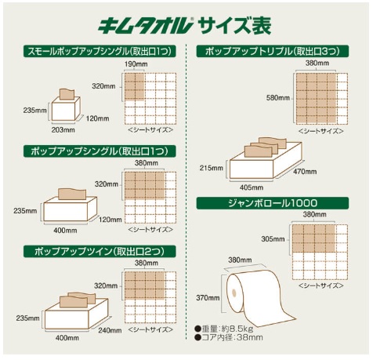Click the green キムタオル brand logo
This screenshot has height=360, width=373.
146,26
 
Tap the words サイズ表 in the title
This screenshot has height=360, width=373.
234,26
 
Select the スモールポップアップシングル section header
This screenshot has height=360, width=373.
100,51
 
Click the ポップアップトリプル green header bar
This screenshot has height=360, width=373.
273,51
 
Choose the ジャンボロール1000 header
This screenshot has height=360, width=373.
273,203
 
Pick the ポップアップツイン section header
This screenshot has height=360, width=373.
100,251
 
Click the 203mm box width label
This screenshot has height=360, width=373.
63,129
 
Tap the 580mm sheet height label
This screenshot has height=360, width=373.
278,98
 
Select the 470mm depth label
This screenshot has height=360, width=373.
305,172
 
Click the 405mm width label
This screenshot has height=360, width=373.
252,187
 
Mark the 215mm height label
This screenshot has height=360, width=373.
212,168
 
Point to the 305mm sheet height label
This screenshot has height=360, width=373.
273,238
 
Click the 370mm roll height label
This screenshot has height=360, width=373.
208,297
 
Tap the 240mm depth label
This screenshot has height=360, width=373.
110,330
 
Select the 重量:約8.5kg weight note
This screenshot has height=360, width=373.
224,329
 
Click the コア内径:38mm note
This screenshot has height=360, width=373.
229,337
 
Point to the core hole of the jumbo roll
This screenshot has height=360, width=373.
234,292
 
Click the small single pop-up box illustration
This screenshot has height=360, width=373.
66,105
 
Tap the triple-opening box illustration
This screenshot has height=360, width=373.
266,158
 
